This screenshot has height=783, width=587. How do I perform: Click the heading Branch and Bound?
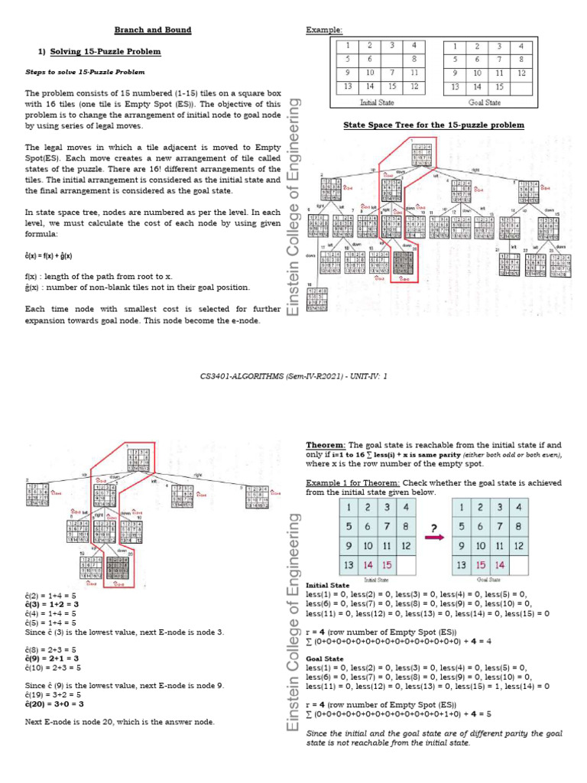tap(152, 30)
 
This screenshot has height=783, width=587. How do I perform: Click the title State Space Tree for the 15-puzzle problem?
tap(434, 125)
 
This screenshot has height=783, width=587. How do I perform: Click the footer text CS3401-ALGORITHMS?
tap(239, 375)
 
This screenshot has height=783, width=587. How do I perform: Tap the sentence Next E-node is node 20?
tap(119, 721)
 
